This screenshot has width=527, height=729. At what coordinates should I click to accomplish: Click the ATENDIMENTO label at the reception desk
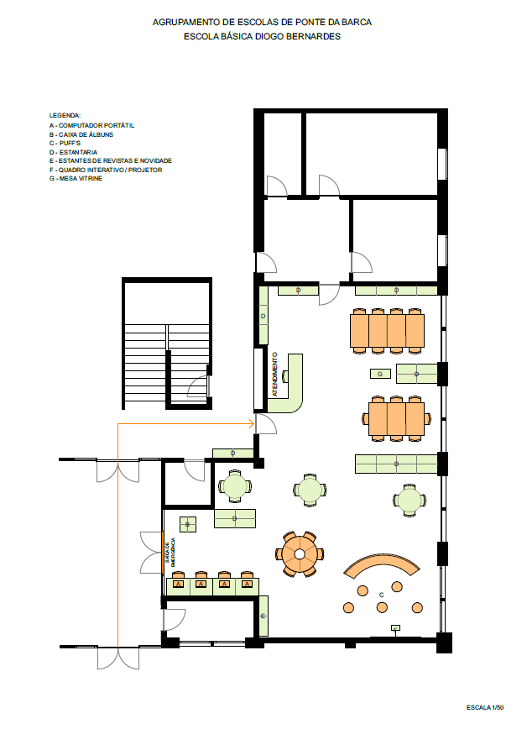point(274,375)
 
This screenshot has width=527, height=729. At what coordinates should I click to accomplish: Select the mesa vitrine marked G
point(380,374)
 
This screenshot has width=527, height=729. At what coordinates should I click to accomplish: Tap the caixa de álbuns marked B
point(188,524)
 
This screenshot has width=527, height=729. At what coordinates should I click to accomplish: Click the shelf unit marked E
point(263,616)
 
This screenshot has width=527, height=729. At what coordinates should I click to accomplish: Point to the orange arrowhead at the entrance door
point(252,423)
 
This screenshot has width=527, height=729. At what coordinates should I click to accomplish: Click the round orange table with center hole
point(300,553)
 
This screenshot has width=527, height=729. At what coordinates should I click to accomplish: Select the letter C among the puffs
point(382,595)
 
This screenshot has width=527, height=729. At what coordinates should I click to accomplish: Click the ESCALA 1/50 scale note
point(485,708)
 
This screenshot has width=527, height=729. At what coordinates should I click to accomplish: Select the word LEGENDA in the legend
point(65,115)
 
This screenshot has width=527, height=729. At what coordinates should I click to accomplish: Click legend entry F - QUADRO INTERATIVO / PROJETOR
point(106,170)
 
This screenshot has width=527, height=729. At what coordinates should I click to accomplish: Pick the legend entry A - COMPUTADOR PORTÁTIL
point(92,125)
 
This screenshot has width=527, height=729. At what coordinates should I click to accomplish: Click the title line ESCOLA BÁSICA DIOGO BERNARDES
point(262,36)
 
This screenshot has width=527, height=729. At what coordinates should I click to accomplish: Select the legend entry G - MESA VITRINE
point(76,178)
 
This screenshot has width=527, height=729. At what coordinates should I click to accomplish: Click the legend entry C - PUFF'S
point(65,143)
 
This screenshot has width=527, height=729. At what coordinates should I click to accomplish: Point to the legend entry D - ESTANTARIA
point(73,152)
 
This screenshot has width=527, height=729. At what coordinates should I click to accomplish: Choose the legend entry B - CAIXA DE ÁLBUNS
point(81,134)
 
